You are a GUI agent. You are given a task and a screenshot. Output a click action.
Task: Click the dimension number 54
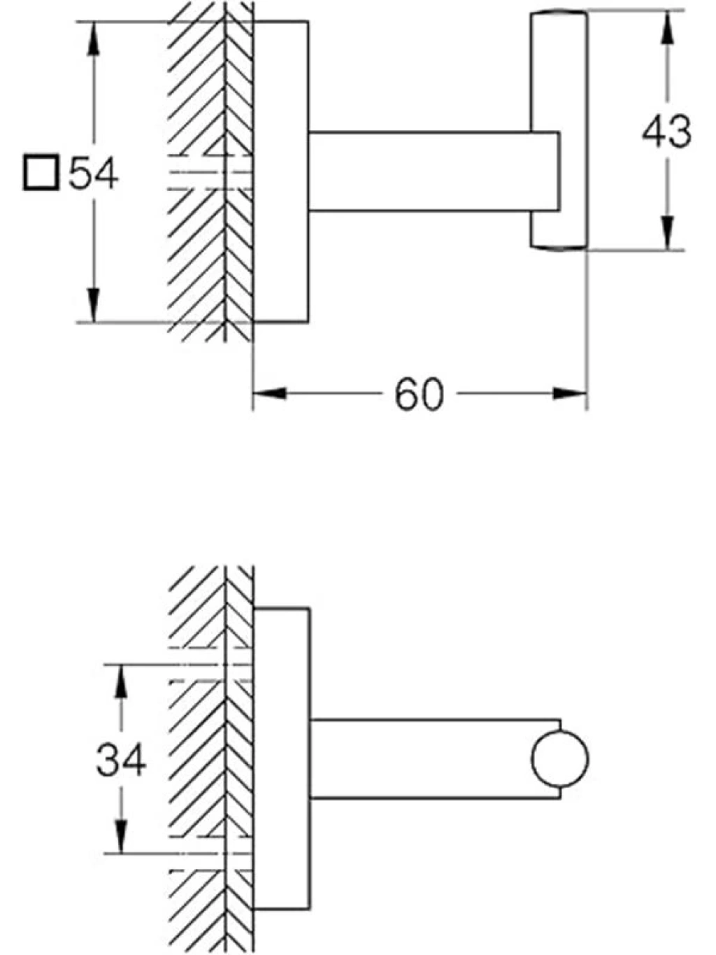(94, 174)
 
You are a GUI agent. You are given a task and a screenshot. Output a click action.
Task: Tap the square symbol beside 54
(41, 173)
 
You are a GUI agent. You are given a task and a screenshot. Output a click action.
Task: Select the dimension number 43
(666, 131)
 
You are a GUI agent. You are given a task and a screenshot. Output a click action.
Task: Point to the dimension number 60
(420, 394)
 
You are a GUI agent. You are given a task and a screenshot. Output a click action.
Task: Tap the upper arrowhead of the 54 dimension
(93, 39)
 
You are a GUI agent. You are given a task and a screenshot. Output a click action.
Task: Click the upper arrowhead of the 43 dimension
(667, 27)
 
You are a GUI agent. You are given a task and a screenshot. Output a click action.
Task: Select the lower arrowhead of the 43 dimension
(667, 234)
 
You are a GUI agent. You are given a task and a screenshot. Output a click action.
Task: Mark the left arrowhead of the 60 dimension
(269, 394)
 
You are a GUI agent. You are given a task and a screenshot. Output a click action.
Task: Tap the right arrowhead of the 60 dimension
(570, 394)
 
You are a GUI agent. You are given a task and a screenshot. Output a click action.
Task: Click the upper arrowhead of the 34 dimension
(121, 682)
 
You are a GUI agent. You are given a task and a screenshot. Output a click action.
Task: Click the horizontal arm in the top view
(434, 171)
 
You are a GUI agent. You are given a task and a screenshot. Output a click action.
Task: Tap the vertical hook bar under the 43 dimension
(559, 131)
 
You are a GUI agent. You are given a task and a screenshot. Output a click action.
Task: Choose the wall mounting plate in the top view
(281, 172)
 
